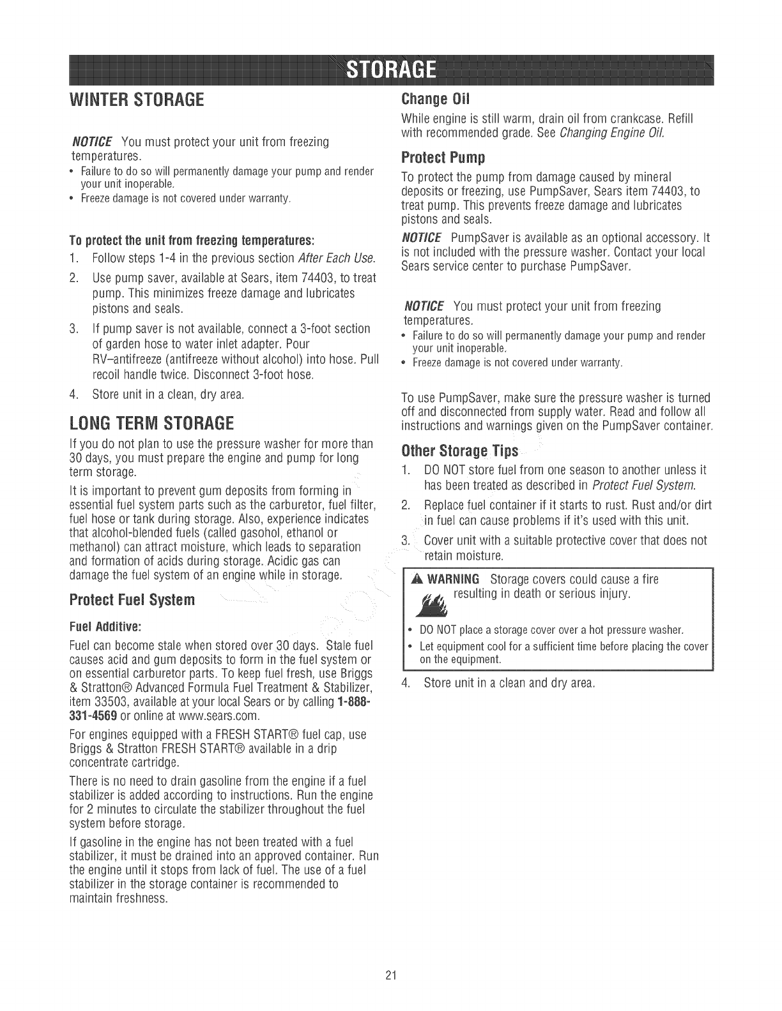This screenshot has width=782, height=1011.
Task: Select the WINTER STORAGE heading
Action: (x=136, y=101)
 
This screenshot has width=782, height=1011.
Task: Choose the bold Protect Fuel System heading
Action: (x=132, y=601)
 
